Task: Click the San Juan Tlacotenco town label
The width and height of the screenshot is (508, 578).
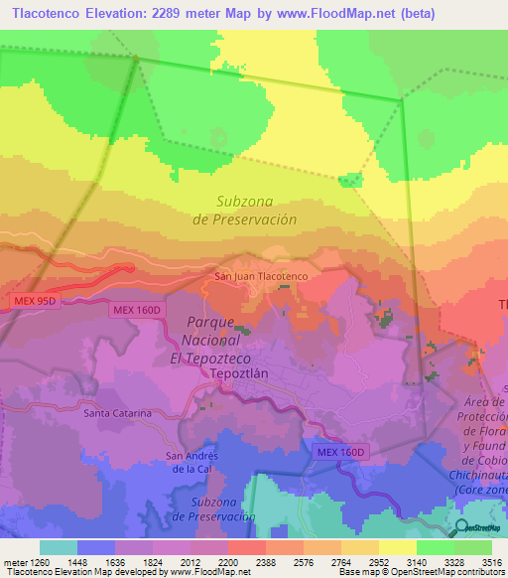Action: [x=262, y=275]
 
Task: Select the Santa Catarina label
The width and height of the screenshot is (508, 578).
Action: [x=117, y=412]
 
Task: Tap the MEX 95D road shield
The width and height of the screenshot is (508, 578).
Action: [x=36, y=300]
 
